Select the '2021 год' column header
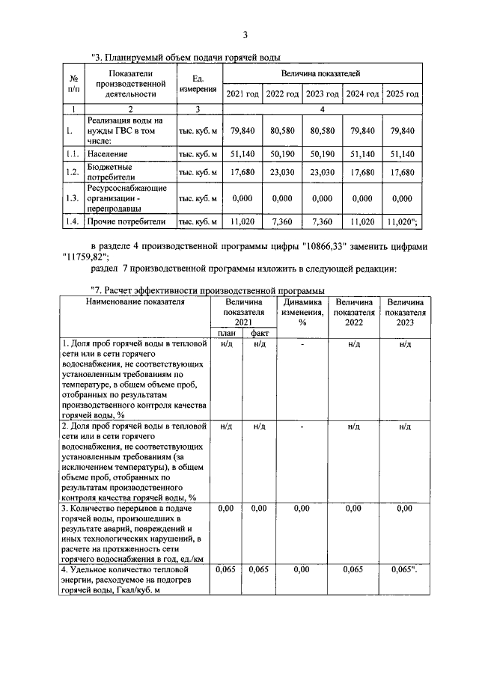242,94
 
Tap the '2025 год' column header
403,94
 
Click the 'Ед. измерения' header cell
198,82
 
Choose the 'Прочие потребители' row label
125,222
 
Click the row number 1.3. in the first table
72,199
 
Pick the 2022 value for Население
282,153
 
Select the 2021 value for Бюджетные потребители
242,173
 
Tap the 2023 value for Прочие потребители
323,222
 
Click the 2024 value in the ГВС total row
362,131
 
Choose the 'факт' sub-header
260,333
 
